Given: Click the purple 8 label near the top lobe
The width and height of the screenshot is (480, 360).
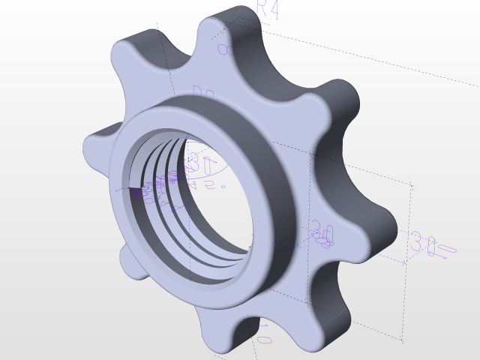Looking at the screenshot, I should [223, 49].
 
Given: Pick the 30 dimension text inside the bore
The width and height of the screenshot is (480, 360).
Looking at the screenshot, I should [197, 160].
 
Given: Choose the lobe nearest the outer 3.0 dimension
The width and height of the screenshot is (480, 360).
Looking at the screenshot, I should [375, 225].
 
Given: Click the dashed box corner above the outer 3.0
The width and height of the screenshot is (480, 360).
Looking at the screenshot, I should [412, 183].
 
